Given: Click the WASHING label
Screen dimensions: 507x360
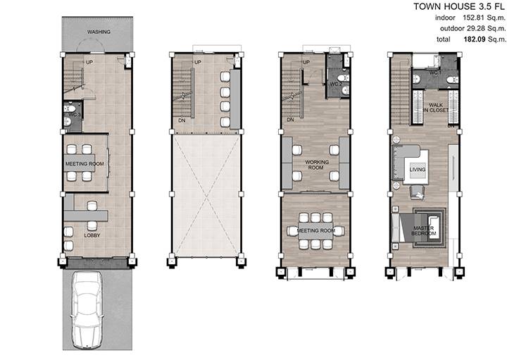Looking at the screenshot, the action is coord(99,32).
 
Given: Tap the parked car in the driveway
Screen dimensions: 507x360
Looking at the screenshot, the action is coord(87,309).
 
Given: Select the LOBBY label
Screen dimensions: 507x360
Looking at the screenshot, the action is coord(92,235).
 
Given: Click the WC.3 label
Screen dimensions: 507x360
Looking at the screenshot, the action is coord(75,115).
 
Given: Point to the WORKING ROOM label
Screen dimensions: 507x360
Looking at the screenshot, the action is coord(317,164).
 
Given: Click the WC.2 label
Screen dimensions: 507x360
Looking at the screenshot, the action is coord(336,84).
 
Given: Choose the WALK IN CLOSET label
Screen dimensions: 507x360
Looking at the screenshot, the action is coord(436,107).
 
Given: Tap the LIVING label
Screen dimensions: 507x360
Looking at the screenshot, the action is coord(418,170).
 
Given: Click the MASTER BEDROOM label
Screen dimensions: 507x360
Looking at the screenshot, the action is coord(424,230).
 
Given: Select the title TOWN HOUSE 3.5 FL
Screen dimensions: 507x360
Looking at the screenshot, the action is coord(459,6).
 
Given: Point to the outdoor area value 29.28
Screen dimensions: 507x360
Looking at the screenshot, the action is coord(475,28).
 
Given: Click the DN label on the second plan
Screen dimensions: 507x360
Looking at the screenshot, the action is coord(182,120).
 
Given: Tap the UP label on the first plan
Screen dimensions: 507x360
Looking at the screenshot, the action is coord(89,62).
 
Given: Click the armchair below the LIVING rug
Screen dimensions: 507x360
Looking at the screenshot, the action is coord(418,192).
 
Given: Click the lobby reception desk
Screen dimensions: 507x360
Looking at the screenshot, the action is coord(86,216).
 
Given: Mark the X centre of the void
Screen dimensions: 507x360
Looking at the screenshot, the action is coord(206,196).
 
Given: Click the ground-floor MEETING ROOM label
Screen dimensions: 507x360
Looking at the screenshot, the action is coord(84,164).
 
